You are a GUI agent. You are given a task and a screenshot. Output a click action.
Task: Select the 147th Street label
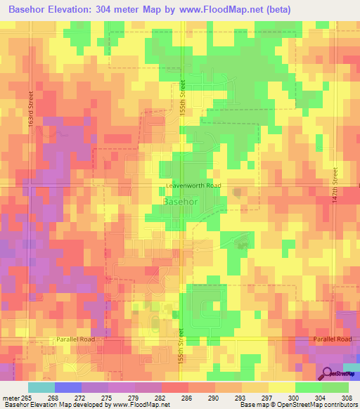click(335, 185)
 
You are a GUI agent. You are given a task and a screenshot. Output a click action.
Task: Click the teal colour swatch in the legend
click(41, 387)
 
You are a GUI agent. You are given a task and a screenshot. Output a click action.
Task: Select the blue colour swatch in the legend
click(67, 387)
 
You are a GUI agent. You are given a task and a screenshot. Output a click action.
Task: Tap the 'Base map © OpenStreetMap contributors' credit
click(297, 404)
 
